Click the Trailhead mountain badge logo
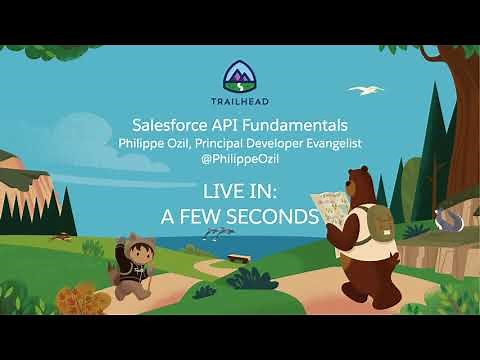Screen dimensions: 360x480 click(240, 76)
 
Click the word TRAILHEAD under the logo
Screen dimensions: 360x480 click(240, 101)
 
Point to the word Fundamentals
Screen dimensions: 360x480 click(299, 125)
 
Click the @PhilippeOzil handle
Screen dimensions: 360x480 click(240, 160)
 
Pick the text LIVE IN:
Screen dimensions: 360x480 click(240, 189)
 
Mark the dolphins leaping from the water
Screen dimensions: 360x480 click(218, 231)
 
